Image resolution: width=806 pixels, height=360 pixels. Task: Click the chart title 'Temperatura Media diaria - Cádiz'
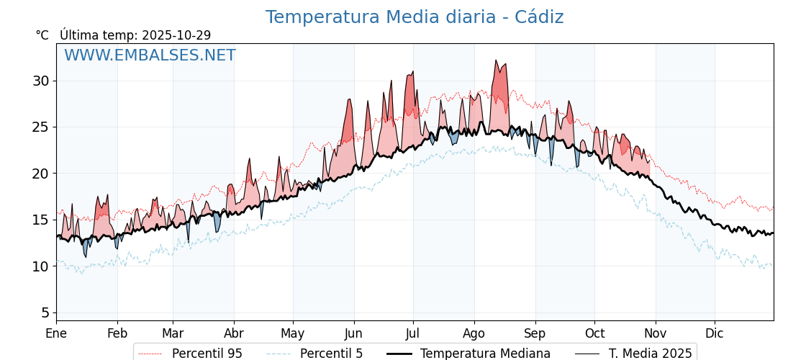(x=414, y=17)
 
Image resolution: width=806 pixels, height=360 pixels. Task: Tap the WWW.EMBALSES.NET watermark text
(x=150, y=55)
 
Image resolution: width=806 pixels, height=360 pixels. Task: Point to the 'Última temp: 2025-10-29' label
(x=135, y=35)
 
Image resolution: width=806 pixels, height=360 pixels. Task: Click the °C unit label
(x=42, y=35)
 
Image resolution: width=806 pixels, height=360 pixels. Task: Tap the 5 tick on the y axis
(x=45, y=312)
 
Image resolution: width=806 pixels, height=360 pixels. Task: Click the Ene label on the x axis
(x=56, y=333)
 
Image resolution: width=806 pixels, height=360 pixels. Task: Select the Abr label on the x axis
(x=234, y=333)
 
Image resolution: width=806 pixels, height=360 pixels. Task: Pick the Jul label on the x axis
(x=413, y=333)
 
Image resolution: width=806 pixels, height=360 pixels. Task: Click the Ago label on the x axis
(x=474, y=333)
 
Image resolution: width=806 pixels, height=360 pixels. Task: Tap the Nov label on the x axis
(x=655, y=333)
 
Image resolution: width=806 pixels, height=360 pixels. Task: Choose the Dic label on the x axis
(x=715, y=333)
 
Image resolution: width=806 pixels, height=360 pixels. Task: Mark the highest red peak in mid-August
(x=496, y=60)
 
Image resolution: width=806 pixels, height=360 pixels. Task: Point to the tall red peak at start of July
(x=412, y=72)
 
